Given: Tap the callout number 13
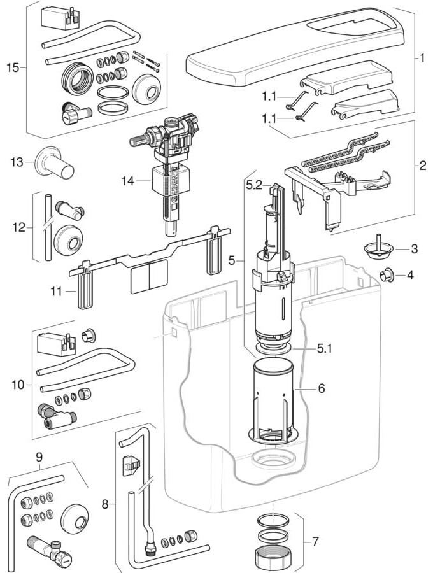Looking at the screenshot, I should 17,162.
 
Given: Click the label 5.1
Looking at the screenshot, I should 325,349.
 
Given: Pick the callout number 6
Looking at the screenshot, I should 322,388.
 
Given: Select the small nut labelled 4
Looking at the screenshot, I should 385,275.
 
